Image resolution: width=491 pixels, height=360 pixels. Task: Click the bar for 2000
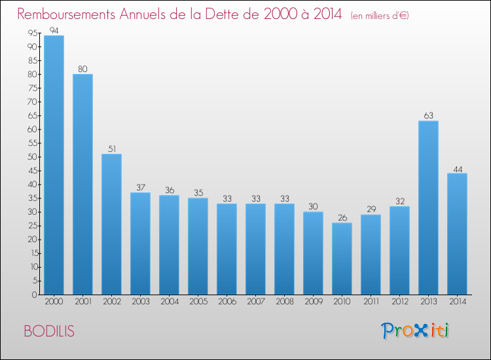[x=54, y=165]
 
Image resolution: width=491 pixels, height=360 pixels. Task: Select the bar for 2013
[x=428, y=207]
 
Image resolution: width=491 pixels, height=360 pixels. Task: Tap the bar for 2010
[x=342, y=259]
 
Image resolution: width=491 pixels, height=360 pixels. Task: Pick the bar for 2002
[x=111, y=224]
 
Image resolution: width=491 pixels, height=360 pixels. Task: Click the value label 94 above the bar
[x=54, y=30]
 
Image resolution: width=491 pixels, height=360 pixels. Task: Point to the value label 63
[x=428, y=116]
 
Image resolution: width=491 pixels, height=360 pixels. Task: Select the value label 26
[x=342, y=218]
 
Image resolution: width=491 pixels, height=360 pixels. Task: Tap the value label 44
[x=457, y=168]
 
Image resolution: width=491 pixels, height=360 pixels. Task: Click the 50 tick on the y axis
[x=31, y=157]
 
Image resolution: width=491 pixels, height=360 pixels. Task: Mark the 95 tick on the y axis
[x=31, y=33]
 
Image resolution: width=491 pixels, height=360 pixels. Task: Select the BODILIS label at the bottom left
[x=49, y=331]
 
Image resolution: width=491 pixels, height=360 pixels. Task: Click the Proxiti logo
[x=415, y=331]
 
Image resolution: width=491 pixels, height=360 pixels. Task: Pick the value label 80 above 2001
[x=82, y=69]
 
